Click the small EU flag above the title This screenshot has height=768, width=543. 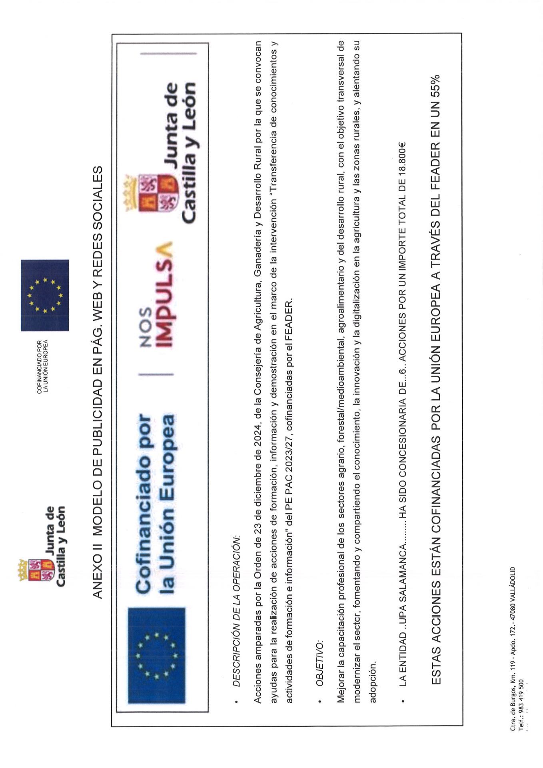point(45,295)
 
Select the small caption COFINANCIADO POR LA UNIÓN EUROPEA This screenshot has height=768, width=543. point(42,366)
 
